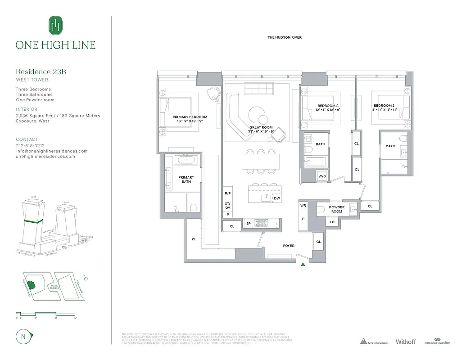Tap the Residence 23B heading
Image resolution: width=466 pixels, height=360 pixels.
[x=41, y=72]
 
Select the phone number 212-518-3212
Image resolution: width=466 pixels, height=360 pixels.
[x=30, y=146]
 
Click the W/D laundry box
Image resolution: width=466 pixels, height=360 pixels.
[x=322, y=176]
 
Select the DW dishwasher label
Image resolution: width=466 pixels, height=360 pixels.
[x=277, y=198]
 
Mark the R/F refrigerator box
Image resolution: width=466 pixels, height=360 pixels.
[x=227, y=193]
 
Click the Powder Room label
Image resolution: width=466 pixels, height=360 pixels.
[x=337, y=209]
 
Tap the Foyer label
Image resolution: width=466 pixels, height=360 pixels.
[x=289, y=246]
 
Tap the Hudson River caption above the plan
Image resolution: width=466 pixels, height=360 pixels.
[x=285, y=37]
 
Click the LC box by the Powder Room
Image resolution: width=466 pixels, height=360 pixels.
[x=332, y=222]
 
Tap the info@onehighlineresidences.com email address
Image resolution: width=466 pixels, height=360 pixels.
[x=52, y=151]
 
